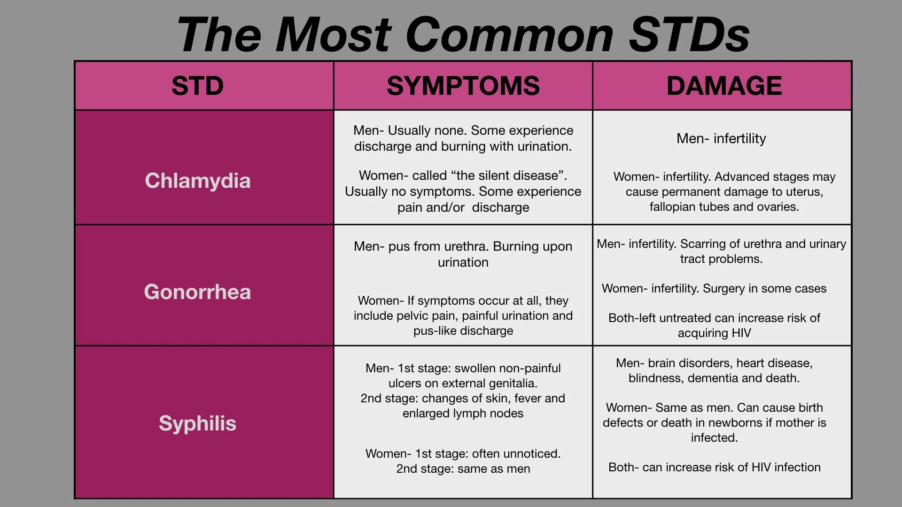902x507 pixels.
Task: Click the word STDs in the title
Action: click(x=689, y=34)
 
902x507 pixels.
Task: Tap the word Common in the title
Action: click(x=509, y=34)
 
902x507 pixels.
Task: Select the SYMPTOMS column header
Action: click(x=463, y=86)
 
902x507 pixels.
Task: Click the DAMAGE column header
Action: click(x=724, y=86)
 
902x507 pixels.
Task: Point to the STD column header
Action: click(x=197, y=86)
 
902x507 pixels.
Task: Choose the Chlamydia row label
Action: click(x=197, y=181)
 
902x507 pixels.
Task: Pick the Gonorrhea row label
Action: click(x=197, y=292)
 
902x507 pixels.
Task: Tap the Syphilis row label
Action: click(x=197, y=423)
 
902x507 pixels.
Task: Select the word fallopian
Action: click(x=670, y=207)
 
